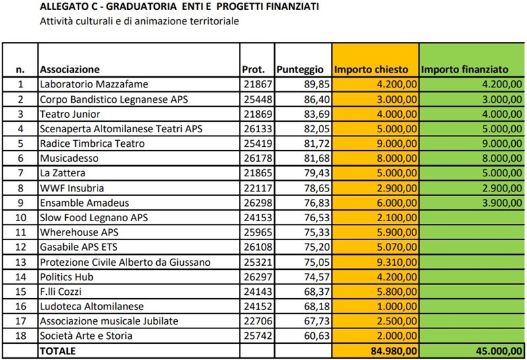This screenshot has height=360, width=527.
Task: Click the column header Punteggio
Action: click(300, 70)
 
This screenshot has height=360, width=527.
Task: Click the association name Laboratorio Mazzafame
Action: click(94, 84)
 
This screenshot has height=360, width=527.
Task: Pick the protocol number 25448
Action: click(258, 99)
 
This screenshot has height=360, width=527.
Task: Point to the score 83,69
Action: click(317, 114)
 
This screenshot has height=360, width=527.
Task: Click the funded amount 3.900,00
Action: click(502, 203)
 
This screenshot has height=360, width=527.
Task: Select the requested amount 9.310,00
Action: click(397, 262)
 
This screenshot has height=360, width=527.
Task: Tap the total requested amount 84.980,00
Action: click(394, 351)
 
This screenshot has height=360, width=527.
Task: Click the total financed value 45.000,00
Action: click(499, 351)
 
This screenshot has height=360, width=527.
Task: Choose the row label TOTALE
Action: click(58, 351)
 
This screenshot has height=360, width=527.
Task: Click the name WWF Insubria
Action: click(72, 188)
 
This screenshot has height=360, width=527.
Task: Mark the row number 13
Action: click(20, 262)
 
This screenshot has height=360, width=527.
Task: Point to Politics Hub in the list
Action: click(67, 276)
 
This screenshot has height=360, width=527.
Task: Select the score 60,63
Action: click(317, 336)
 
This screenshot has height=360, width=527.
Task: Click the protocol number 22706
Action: click(258, 321)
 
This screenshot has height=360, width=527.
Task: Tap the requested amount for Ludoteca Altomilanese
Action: click(397, 306)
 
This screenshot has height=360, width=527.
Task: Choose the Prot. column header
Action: click(254, 70)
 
